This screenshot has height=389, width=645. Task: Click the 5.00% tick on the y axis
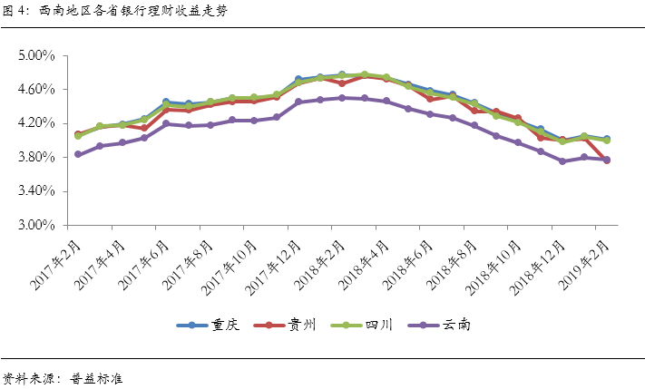[x=37, y=56]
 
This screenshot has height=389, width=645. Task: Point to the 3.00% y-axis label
[x=37, y=225]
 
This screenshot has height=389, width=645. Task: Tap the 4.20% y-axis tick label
[x=37, y=123]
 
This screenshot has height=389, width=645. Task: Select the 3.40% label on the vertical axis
[x=37, y=191]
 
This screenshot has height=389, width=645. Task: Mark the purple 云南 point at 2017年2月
[x=78, y=154]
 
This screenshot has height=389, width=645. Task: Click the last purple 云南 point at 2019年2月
[x=606, y=160]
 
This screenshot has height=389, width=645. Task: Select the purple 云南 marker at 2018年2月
[x=342, y=97]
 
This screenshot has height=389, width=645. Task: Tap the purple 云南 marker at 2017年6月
[x=166, y=123]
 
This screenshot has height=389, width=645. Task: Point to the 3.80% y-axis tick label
[x=37, y=158]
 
